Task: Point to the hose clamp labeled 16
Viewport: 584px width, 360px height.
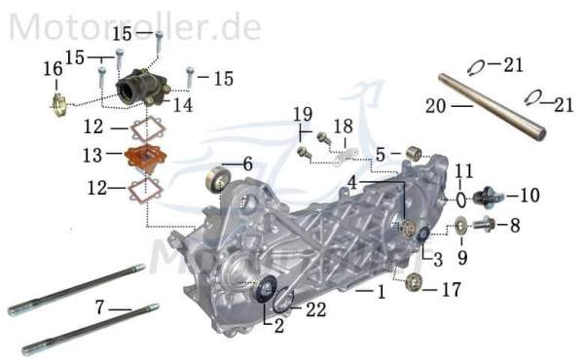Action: (57, 101)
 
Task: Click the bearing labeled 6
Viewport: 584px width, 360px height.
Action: (219, 180)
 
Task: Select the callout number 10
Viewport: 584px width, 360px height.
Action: (529, 196)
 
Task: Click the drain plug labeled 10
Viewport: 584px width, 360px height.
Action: (489, 198)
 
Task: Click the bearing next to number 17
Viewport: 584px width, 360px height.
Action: (415, 282)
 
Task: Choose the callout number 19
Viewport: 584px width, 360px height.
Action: (303, 115)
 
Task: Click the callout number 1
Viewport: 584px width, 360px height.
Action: (382, 291)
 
